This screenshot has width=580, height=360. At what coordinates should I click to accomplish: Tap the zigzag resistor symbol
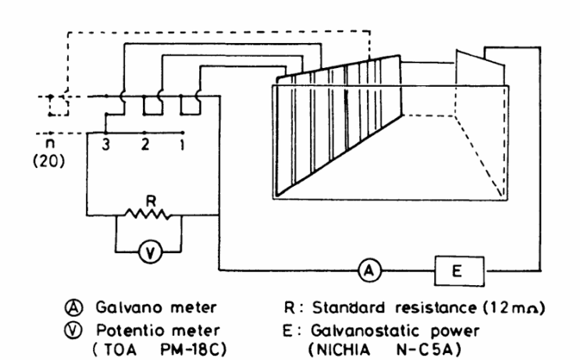[x=148, y=214]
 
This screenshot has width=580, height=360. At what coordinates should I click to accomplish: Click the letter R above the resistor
[x=151, y=201]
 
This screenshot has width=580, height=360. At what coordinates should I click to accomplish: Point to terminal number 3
[x=106, y=144]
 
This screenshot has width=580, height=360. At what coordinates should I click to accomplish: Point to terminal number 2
[x=145, y=144]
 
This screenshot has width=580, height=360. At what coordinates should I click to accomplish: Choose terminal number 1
[x=183, y=144]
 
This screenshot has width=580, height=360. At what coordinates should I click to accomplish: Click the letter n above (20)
[x=49, y=144]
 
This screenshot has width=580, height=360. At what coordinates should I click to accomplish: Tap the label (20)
[x=49, y=162]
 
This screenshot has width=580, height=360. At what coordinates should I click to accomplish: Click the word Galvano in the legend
[x=130, y=308]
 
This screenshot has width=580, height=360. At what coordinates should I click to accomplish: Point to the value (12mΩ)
[x=514, y=308]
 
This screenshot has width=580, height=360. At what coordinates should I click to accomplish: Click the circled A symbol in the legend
[x=74, y=308]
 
